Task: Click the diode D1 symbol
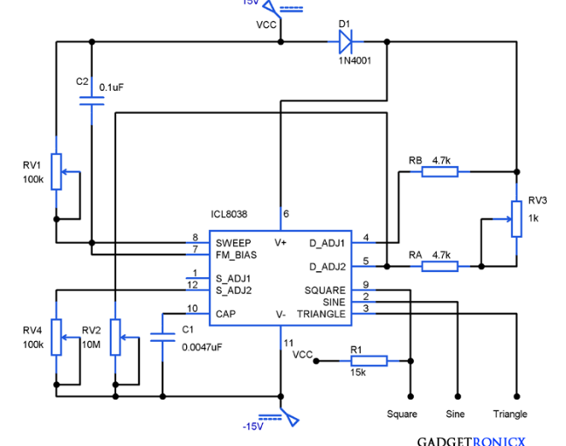tap(345, 42)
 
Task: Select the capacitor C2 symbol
tap(92, 101)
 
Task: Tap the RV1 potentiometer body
tap(56, 171)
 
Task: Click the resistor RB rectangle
tap(439, 171)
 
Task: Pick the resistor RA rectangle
tap(439, 267)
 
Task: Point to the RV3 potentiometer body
tap(516, 219)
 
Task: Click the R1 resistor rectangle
tap(369, 360)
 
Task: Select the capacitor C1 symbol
tap(162, 338)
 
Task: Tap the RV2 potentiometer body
tap(115, 338)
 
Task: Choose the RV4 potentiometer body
tap(56, 338)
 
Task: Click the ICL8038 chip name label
tap(229, 214)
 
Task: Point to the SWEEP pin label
tap(233, 243)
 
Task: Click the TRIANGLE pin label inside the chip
tap(321, 314)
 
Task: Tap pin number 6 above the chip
tap(286, 214)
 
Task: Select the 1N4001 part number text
tap(355, 60)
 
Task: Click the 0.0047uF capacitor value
tap(202, 347)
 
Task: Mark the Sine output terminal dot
tap(458, 396)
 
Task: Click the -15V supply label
tap(253, 427)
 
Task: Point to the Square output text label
tap(402, 415)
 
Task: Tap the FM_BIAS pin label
tap(236, 255)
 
